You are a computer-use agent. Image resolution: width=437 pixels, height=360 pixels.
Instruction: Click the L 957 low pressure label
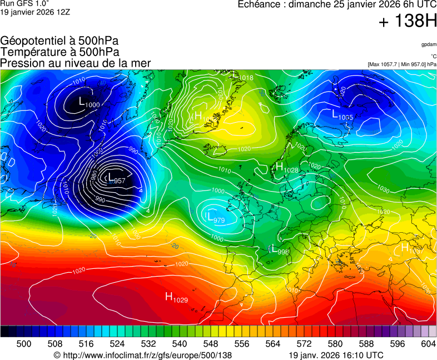(116, 179)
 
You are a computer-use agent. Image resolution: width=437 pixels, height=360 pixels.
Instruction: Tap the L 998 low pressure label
(279, 251)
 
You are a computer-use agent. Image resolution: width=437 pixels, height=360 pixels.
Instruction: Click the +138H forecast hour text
(408, 22)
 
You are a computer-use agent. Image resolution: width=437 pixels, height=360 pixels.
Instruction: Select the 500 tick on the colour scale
(24, 344)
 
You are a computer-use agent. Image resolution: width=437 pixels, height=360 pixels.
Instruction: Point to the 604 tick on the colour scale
(428, 344)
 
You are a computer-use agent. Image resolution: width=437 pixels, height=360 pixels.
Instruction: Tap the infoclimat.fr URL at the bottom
(142, 355)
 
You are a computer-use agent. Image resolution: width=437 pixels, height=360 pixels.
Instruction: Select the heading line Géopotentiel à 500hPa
(59, 41)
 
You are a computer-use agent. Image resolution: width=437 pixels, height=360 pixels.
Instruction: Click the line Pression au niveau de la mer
(76, 63)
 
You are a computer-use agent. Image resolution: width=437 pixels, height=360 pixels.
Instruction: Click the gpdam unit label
(429, 44)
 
